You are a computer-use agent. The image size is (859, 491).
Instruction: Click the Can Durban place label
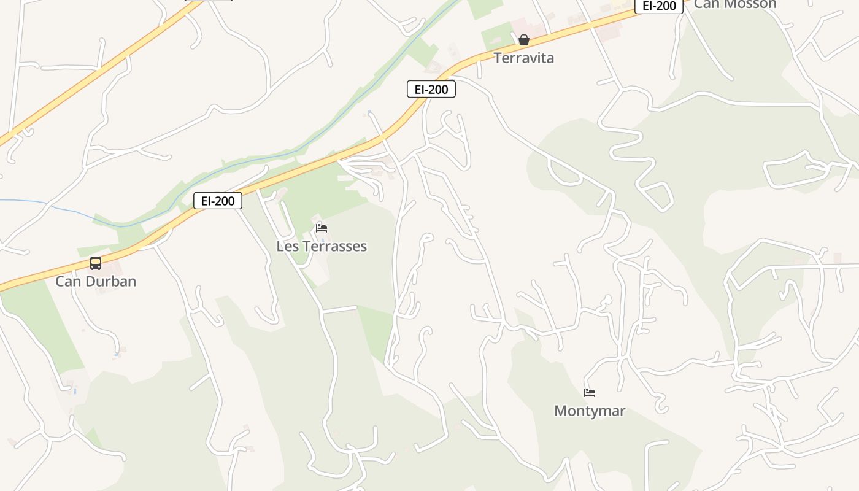tap(96, 281)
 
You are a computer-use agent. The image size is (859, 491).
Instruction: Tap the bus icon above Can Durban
tap(96, 263)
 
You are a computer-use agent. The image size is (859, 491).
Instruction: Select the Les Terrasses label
tap(322, 246)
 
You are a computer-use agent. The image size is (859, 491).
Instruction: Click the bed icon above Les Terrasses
tap(322, 228)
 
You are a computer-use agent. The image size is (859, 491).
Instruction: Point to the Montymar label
tap(590, 411)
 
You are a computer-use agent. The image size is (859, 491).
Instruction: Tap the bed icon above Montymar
tap(590, 393)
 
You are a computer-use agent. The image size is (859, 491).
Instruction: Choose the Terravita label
tap(524, 58)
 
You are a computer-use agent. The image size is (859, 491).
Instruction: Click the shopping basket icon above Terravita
tap(524, 41)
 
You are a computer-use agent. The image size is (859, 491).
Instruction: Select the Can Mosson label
tap(735, 4)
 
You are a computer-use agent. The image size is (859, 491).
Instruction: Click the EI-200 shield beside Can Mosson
tap(659, 6)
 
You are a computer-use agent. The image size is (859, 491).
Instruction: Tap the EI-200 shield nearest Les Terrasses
tap(218, 201)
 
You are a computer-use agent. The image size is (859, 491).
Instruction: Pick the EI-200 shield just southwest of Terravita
tap(431, 89)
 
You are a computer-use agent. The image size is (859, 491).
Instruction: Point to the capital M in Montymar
tap(560, 411)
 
